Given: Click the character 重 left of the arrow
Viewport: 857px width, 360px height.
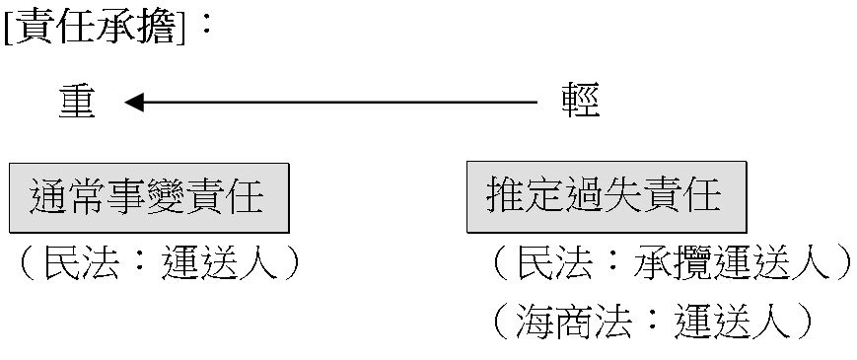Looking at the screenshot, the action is pos(77,103).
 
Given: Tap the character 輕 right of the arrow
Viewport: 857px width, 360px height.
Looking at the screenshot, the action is pos(581,101).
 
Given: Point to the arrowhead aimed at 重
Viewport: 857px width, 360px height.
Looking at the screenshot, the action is pos(134,103).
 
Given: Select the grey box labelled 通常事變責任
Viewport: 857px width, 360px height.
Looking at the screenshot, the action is pos(149,198).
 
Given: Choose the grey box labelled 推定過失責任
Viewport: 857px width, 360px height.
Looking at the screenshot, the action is pos(607,196).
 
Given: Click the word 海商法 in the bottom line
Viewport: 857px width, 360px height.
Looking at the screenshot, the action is pos(573,322).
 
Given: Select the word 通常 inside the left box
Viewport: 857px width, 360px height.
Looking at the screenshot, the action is pos(67,197).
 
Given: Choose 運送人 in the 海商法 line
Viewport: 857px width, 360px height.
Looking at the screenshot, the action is pos(732,322).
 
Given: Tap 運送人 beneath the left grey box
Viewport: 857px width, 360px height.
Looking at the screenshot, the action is pos(220,262).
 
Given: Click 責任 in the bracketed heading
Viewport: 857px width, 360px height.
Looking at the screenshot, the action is pos(53,26).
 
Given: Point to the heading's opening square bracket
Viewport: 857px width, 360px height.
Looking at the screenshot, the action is pos(8,28).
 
